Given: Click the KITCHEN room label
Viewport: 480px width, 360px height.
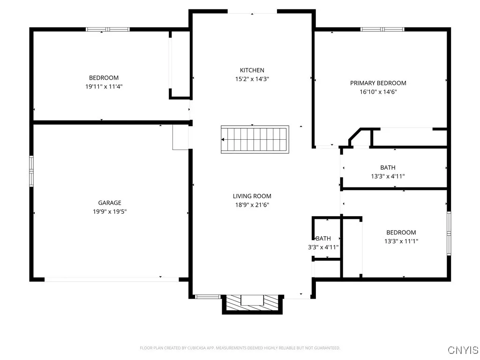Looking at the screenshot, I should click(x=252, y=70).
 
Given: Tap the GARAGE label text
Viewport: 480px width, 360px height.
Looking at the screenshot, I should click(x=110, y=203).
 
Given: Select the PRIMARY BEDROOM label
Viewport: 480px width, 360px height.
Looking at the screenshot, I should click(x=378, y=83).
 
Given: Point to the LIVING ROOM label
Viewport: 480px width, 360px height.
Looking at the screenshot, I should click(x=252, y=196).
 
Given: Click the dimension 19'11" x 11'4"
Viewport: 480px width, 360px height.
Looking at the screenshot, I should click(x=104, y=86).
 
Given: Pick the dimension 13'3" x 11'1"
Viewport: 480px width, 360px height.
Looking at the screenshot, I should click(x=401, y=241).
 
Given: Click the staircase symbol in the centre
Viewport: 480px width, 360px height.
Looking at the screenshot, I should click(x=255, y=139).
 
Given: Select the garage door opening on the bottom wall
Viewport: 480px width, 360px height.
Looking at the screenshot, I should click(x=112, y=280).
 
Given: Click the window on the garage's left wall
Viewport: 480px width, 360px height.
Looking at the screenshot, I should click(x=31, y=171).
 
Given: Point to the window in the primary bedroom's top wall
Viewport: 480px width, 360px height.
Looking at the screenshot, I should click(x=382, y=30).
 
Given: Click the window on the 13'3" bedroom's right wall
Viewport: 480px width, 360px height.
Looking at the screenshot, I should click(x=449, y=233).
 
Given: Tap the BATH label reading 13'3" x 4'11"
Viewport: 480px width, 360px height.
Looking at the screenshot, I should click(x=388, y=172).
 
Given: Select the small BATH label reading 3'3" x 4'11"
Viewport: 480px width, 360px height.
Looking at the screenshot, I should click(x=322, y=243).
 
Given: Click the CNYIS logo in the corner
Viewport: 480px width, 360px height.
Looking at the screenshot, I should click(x=463, y=350).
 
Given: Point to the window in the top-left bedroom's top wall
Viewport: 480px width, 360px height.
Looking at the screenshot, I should click(x=108, y=30).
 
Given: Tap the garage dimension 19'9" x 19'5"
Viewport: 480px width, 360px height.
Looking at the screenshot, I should click(x=110, y=211).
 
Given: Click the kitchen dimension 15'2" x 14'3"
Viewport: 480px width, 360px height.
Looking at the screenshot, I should click(x=252, y=79).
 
